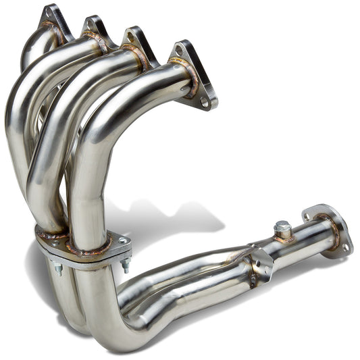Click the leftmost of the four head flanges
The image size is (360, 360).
(57, 20)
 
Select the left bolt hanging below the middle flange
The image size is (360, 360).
(58, 268)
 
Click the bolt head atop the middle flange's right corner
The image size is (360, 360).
(122, 241)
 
